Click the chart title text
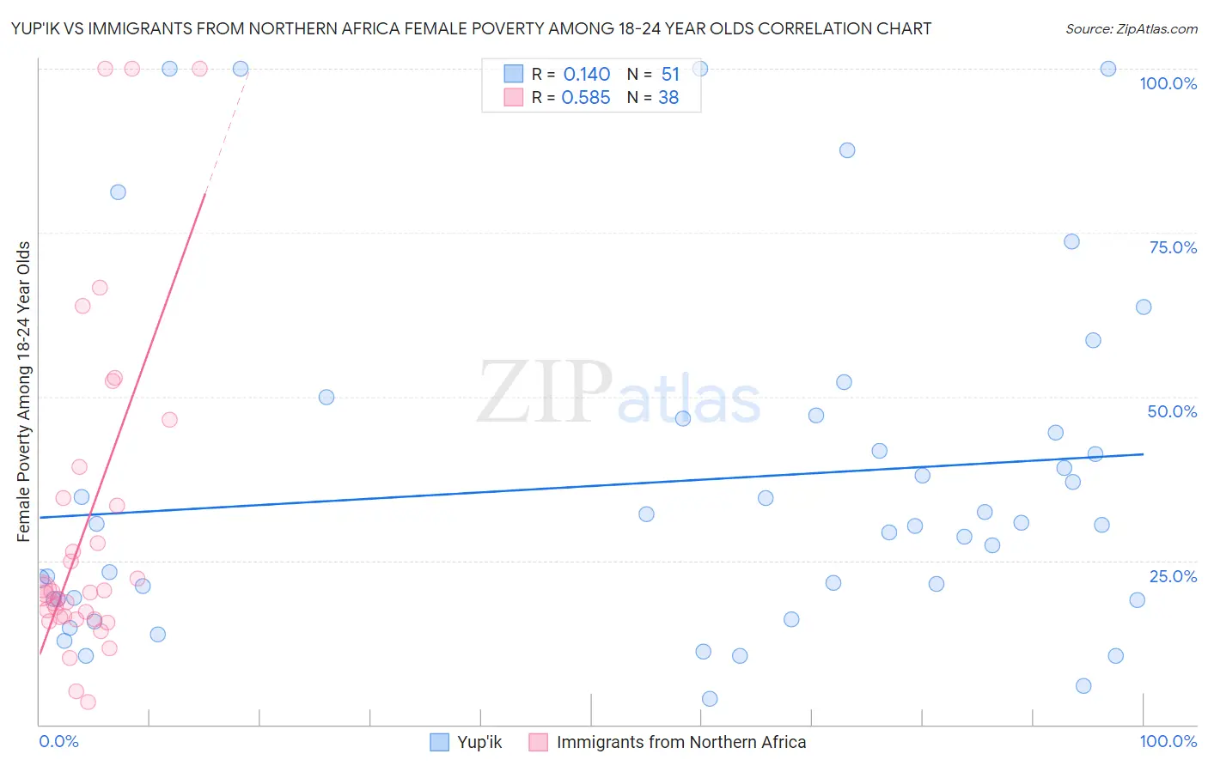[x=471, y=28]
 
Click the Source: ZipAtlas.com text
[x=1131, y=28]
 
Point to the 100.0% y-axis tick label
[x=1168, y=83]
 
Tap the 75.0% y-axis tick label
[x=1173, y=247]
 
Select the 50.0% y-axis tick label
[x=1172, y=411]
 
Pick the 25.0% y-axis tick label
[x=1173, y=576]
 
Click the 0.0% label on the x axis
[x=58, y=741]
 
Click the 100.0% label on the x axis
[x=1168, y=741]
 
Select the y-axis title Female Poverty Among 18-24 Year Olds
[x=24, y=392]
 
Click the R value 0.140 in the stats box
[x=586, y=75]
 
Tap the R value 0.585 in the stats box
[x=586, y=98]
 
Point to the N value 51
[x=670, y=75]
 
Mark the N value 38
[x=668, y=98]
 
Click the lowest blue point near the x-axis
[x=710, y=699]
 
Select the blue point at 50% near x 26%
[x=326, y=397]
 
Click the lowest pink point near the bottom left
[x=88, y=702]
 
